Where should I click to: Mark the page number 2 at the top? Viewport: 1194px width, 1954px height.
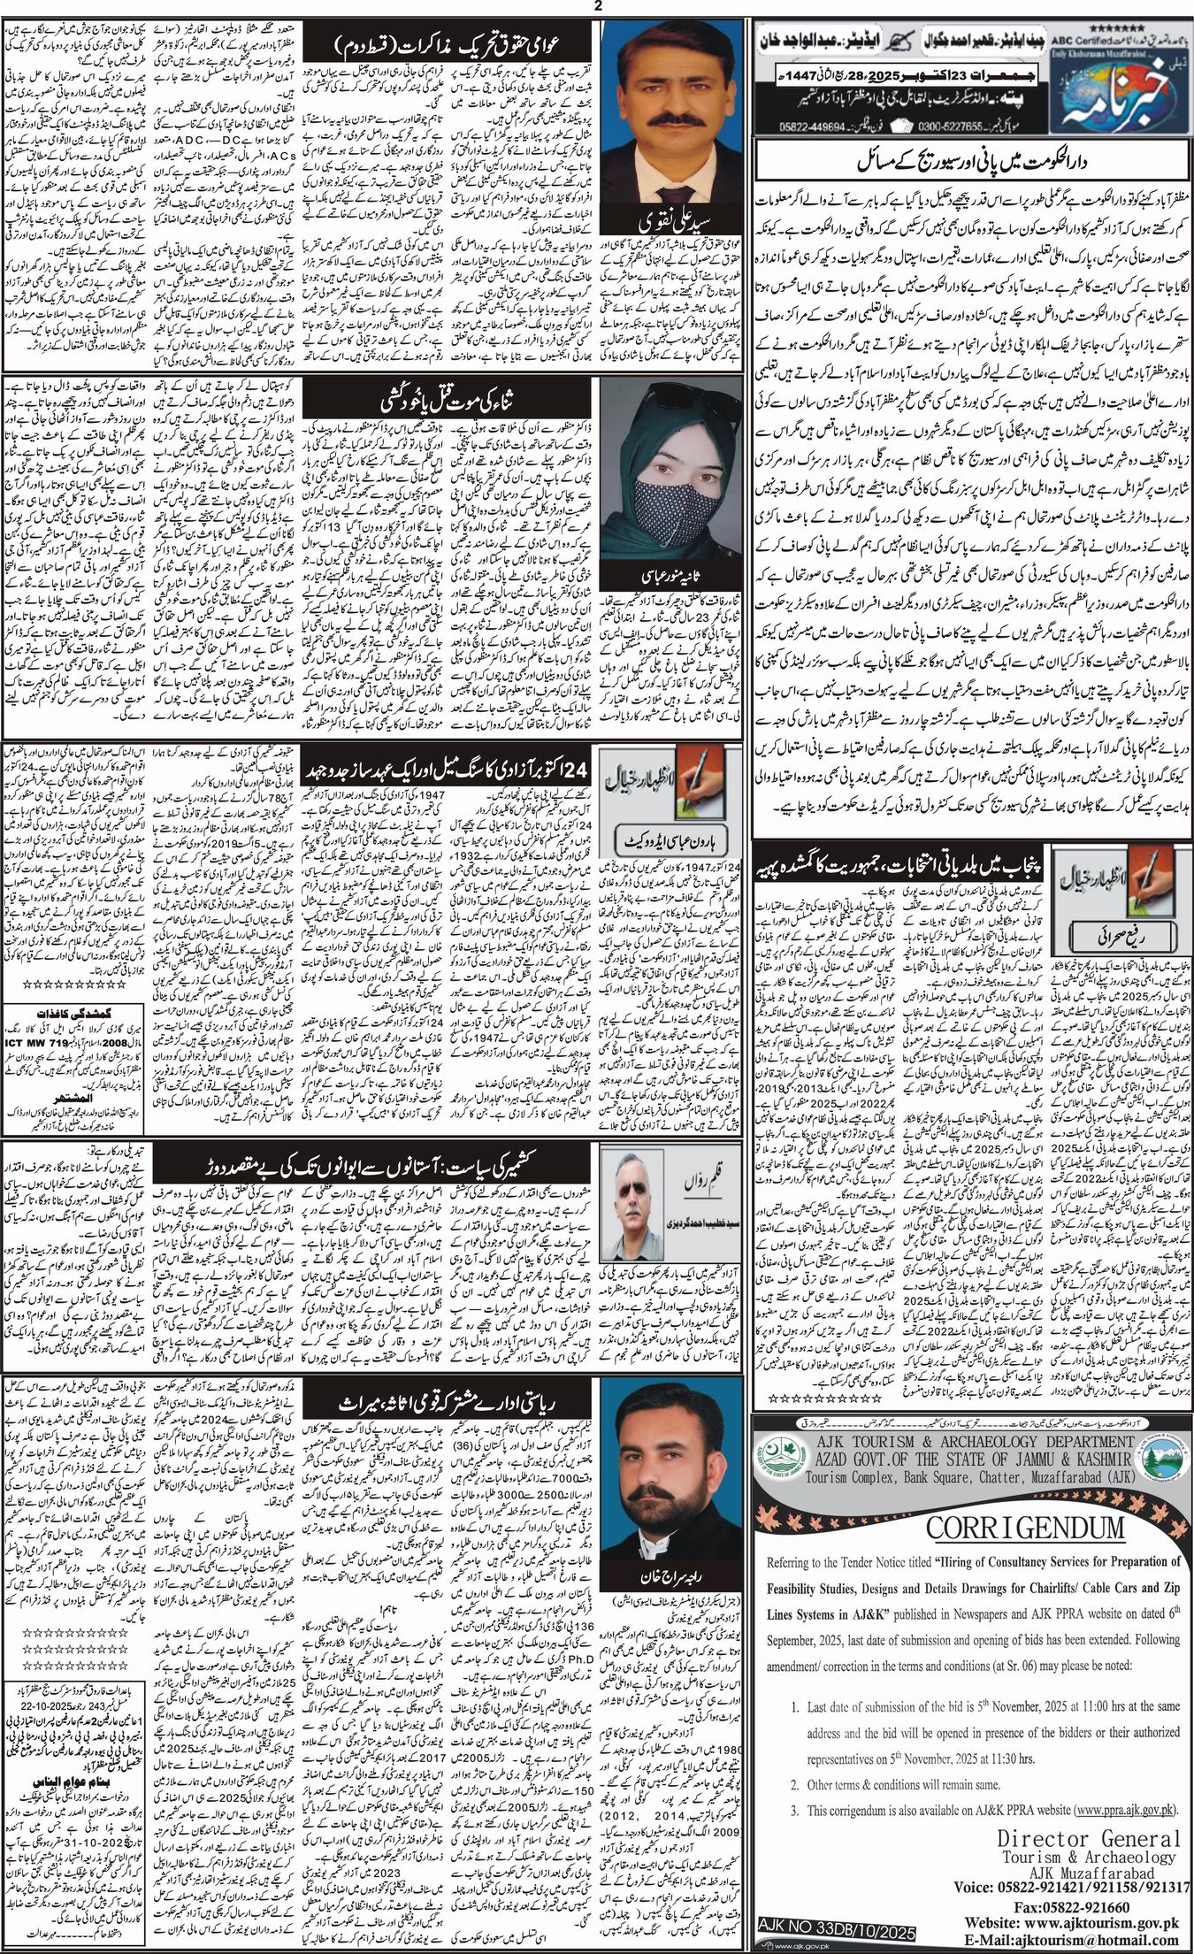pos(599,6)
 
